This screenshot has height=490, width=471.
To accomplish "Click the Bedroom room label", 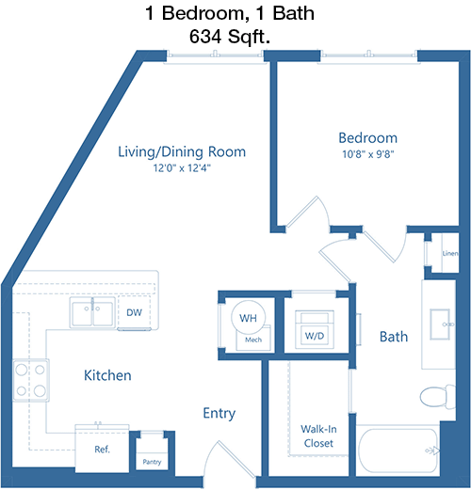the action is pyautogui.click(x=367, y=138).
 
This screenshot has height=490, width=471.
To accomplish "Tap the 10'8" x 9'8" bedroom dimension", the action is pyautogui.click(x=367, y=154).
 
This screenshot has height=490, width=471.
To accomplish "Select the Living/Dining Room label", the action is pyautogui.click(x=182, y=152).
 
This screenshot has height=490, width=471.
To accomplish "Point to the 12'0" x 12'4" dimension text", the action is pyautogui.click(x=182, y=168).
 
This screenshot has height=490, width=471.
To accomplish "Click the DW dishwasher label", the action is pyautogui.click(x=134, y=312).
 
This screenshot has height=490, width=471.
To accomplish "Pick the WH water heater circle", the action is pyautogui.click(x=248, y=317).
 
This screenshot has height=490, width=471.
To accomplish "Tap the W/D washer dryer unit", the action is pyautogui.click(x=315, y=329).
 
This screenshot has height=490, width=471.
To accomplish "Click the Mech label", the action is pyautogui.click(x=253, y=340).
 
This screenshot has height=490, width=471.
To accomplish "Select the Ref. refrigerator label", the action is pyautogui.click(x=103, y=450).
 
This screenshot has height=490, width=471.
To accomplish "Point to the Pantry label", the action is pyautogui.click(x=152, y=462).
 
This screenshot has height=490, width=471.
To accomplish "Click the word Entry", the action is pyautogui.click(x=219, y=414).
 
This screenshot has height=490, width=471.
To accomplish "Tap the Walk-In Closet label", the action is pyautogui.click(x=318, y=436).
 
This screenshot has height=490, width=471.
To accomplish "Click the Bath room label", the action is pyautogui.click(x=394, y=337).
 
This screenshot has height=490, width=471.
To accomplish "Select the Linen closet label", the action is pyautogui.click(x=450, y=253).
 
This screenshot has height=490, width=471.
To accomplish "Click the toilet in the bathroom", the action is pyautogui.click(x=437, y=397).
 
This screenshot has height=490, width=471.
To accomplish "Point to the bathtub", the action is pyautogui.click(x=398, y=450).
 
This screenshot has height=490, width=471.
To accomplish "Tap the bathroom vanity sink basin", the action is pyautogui.click(x=440, y=324).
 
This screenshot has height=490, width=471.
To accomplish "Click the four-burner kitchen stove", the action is pyautogui.click(x=31, y=380).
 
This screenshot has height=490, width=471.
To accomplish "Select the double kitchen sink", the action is pyautogui.click(x=92, y=313).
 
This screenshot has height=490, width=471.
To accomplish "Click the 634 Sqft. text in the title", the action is pyautogui.click(x=230, y=37).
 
